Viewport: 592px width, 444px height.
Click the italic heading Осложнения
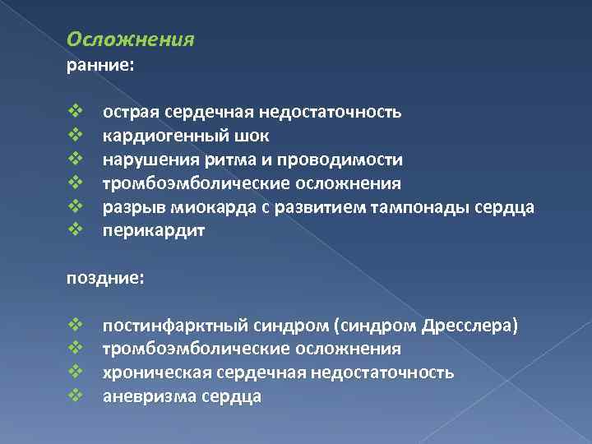click(130, 39)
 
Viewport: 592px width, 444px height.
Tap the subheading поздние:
click(105, 279)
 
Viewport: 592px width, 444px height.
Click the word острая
click(130, 112)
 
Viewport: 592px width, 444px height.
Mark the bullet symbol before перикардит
click(73, 231)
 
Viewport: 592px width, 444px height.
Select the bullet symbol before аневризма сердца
click(73, 397)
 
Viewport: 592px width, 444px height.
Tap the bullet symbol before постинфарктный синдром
click(73, 326)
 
